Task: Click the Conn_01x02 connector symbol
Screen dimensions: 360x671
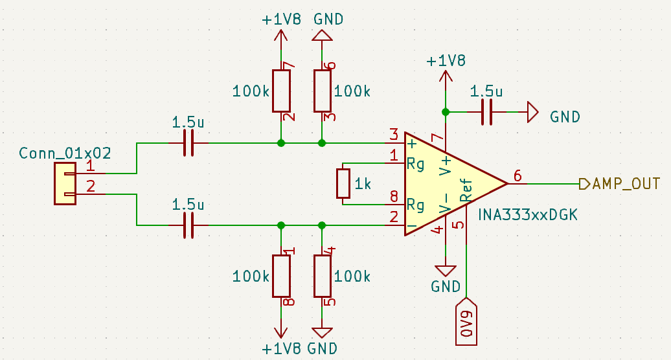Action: [65, 184]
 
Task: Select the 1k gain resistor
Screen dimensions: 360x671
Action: [343, 183]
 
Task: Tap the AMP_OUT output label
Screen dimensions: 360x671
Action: [626, 183]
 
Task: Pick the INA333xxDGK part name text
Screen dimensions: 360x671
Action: [527, 214]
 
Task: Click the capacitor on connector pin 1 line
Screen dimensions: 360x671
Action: [188, 142]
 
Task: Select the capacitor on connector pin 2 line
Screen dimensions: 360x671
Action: [188, 225]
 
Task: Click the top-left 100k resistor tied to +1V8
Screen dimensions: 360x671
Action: [281, 91]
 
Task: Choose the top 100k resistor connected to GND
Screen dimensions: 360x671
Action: [323, 91]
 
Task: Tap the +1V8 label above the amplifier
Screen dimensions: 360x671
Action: [446, 61]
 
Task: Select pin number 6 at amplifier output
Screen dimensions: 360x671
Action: [517, 175]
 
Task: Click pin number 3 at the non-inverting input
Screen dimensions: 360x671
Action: [393, 135]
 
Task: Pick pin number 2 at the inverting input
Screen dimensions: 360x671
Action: [393, 218]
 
